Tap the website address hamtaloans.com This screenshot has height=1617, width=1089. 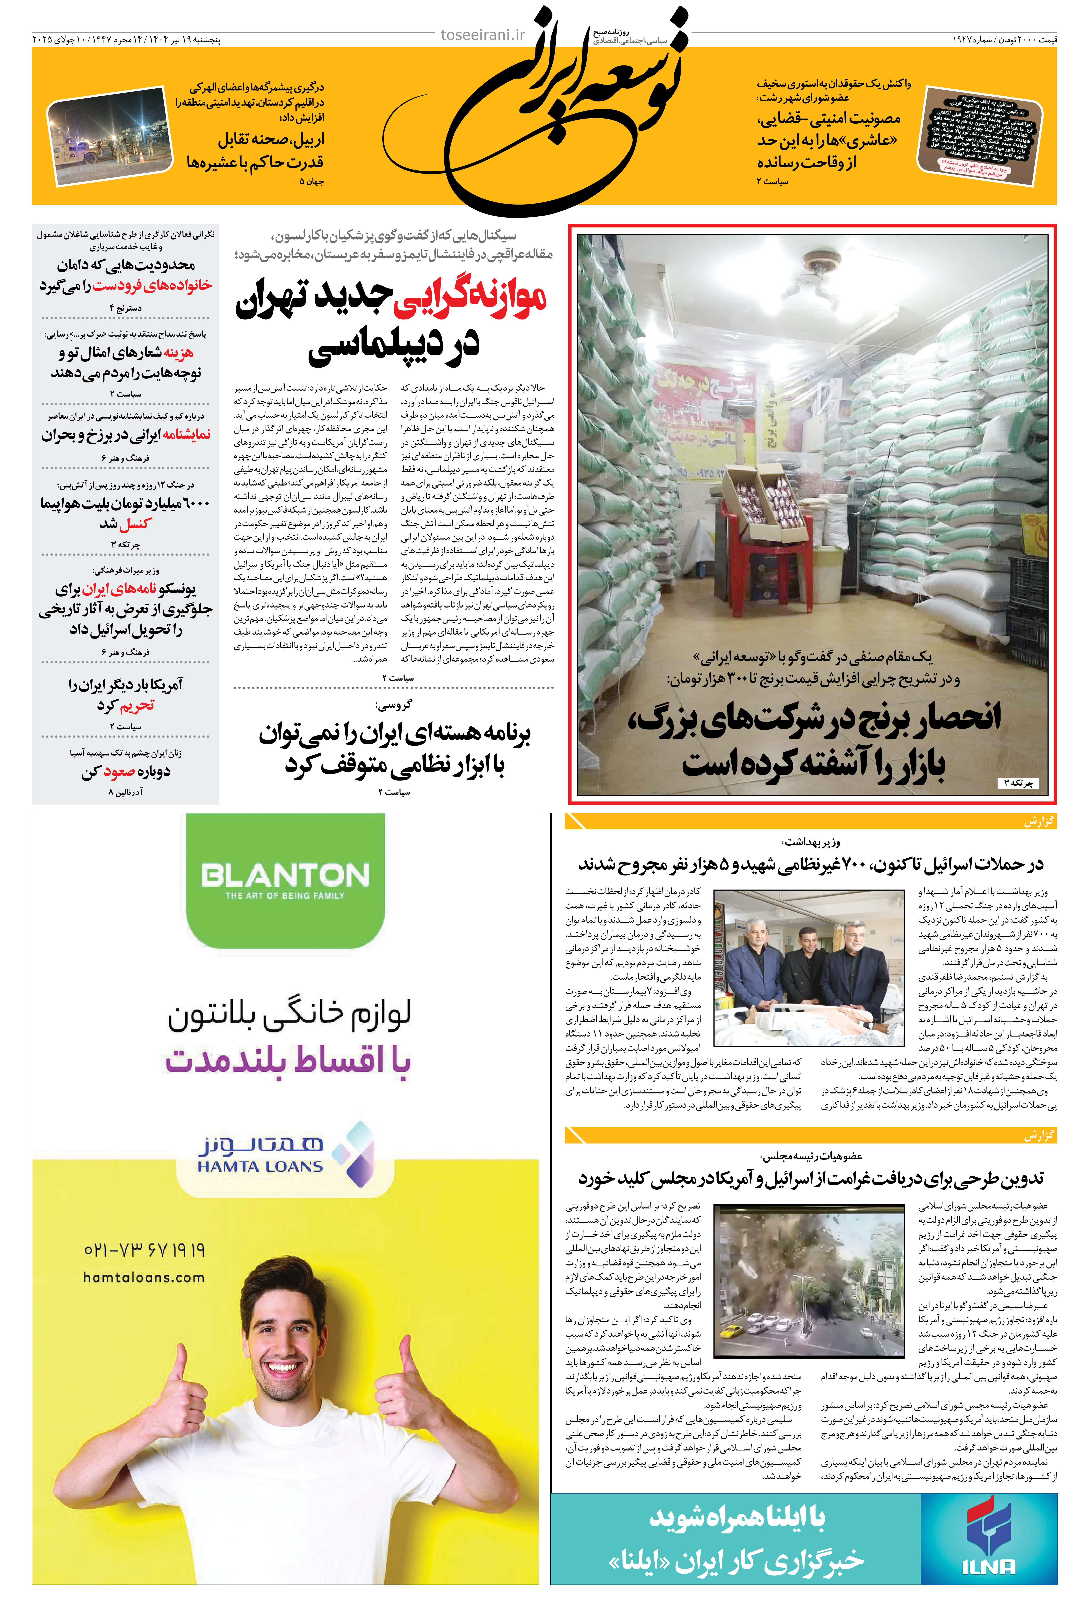(144, 1277)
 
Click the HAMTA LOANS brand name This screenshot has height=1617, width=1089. (260, 1166)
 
